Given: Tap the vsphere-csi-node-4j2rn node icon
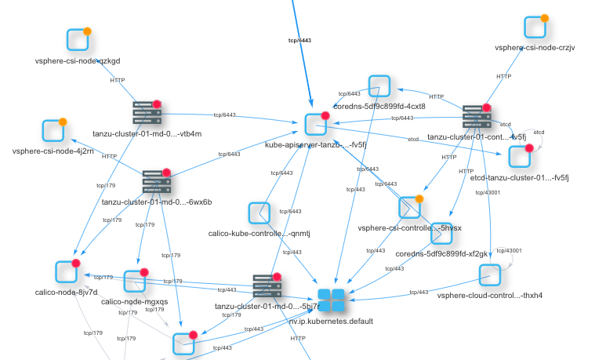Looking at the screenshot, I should point(53,131).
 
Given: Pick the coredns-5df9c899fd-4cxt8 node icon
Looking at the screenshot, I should point(379,87).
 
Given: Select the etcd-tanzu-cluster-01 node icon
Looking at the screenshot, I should point(520,156).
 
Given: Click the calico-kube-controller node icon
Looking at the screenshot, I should point(259,213).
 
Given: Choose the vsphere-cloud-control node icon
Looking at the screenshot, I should point(490,275).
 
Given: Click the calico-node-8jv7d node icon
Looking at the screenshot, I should point(67,271).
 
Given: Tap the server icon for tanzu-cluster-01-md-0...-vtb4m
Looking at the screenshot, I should point(146,113).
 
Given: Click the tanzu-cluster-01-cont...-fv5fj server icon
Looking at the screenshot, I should point(476,117).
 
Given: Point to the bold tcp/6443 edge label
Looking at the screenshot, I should point(300,38).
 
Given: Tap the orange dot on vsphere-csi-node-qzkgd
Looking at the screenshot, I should point(88,32).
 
